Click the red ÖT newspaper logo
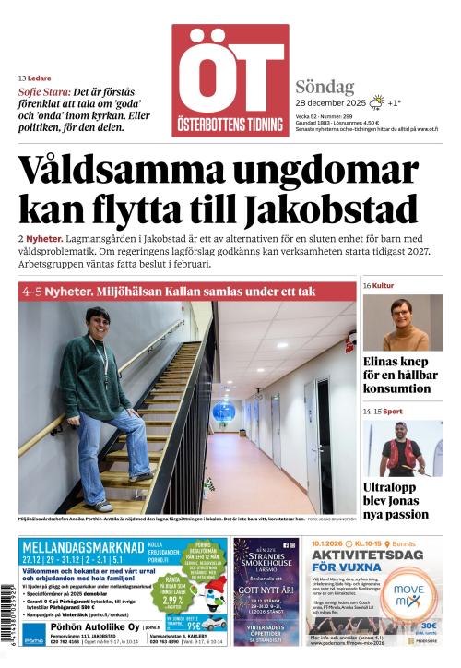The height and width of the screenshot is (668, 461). point(230,79)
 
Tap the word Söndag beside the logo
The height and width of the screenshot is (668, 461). point(325,87)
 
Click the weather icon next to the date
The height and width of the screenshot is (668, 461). point(375,102)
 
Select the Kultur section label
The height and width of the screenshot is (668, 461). point(383,286)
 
